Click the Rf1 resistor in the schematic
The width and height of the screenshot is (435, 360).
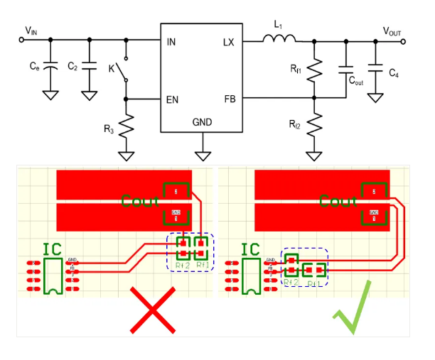pyautogui.click(x=315, y=70)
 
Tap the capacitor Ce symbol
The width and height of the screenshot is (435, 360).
pyautogui.click(x=50, y=67)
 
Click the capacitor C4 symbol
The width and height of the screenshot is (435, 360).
pyautogui.click(x=375, y=71)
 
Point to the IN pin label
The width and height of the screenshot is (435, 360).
pyautogui.click(x=171, y=43)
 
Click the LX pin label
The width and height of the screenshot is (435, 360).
pyautogui.click(x=228, y=43)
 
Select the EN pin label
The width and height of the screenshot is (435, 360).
pyautogui.click(x=172, y=99)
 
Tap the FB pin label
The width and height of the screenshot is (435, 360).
pyautogui.click(x=228, y=99)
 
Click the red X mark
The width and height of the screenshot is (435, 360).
pyautogui.click(x=152, y=309)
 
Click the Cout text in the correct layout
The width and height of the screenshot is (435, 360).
pyautogui.click(x=338, y=202)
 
